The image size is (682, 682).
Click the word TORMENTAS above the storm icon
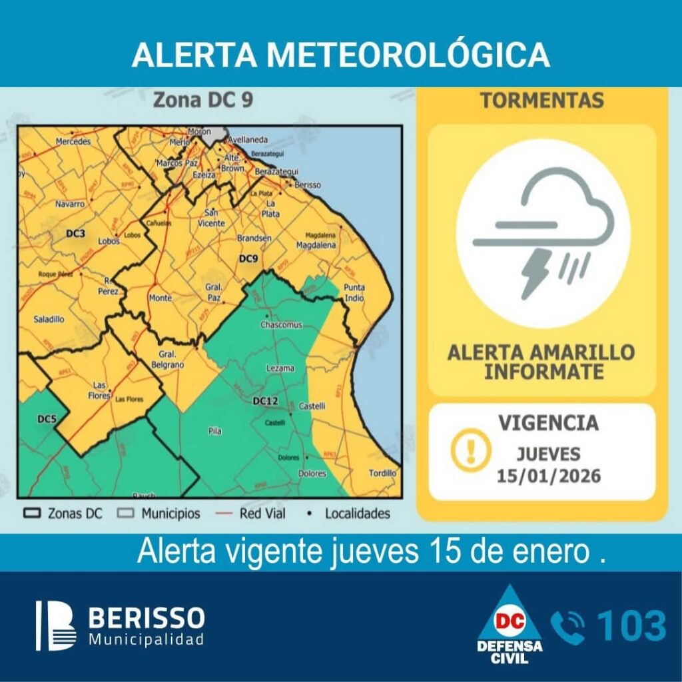542,101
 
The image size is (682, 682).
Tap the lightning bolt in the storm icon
535,272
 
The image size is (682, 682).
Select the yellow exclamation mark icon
471,450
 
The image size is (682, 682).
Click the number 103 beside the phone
631,626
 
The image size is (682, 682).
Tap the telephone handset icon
567,627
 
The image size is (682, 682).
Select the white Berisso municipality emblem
56,625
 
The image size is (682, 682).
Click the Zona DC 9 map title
202,101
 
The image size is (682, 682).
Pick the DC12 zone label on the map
265,402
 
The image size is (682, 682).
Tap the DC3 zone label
75,234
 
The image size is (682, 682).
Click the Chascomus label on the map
281,325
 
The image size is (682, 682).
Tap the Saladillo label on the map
49,320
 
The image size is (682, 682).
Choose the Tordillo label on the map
382,474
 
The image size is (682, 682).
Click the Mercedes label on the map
73,142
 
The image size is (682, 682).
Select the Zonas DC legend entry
65,514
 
